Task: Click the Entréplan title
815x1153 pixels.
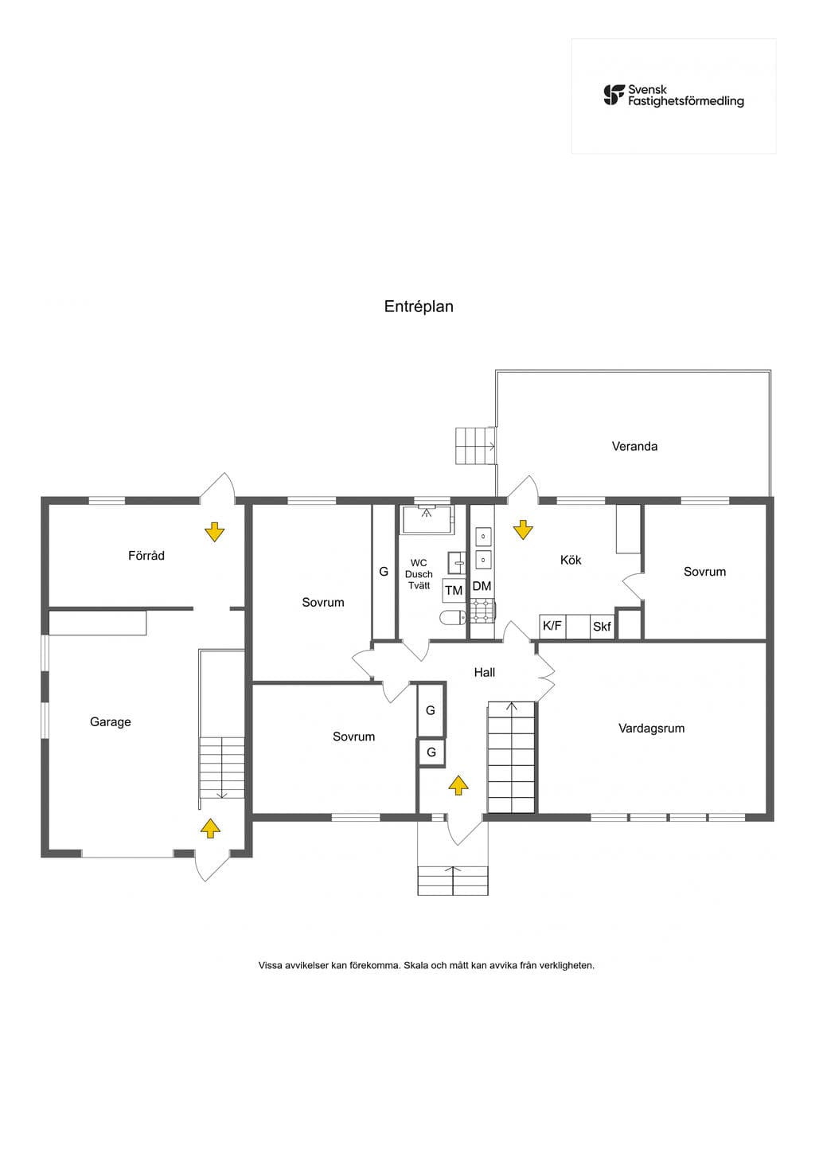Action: pos(419,307)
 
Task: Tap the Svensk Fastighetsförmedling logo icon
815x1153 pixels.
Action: pos(614,96)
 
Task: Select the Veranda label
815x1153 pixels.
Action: pos(634,446)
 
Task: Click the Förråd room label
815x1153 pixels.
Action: pos(146,555)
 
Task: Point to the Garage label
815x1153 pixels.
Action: pos(110,722)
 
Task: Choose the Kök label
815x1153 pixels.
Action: pos(571,560)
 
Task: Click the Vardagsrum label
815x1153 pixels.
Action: pos(651,729)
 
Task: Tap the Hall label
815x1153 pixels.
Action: pos(484,672)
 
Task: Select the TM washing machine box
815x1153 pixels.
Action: pos(454,590)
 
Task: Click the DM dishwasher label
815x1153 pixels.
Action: pos(482,586)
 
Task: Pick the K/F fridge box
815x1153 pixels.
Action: pos(552,627)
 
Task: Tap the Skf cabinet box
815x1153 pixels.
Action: pos(602,627)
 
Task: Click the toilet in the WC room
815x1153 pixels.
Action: pos(452,618)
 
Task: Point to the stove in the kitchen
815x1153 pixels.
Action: pos(482,610)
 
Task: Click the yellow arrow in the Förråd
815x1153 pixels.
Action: pos(215,532)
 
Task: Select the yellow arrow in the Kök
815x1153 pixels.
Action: pos(523,530)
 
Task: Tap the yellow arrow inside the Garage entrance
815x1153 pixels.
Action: pos(210,828)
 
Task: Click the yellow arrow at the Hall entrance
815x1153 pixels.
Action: pos(458,785)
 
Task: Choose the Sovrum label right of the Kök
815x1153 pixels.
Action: pos(704,572)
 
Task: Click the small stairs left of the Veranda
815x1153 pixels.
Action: pos(475,446)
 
